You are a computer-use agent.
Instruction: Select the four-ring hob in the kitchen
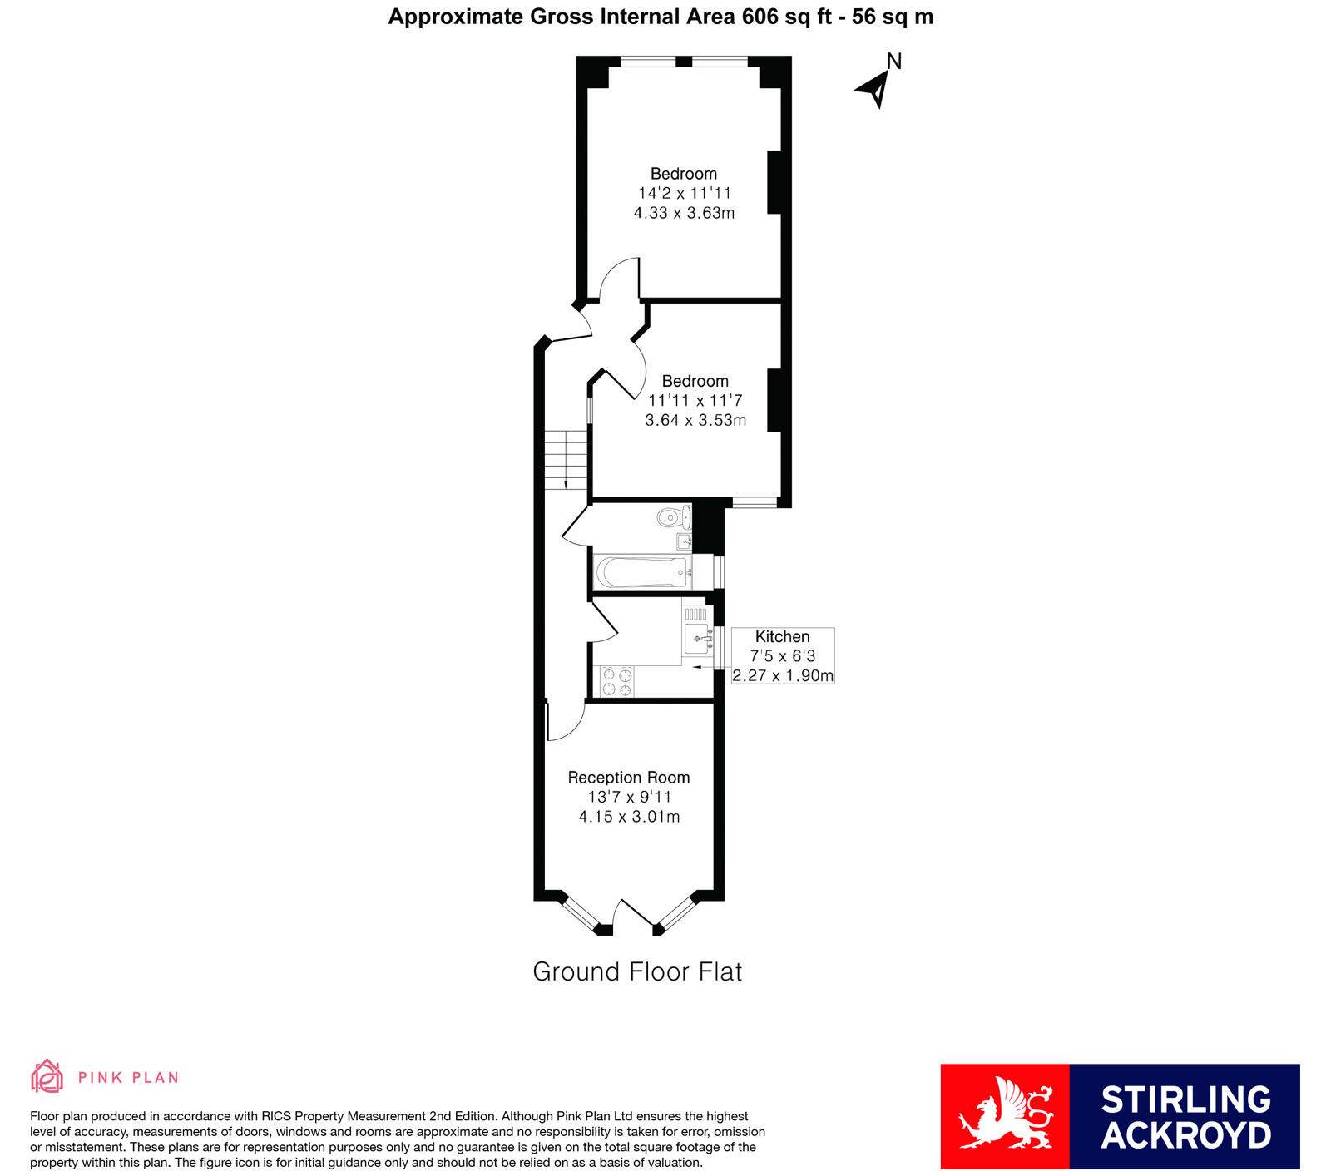[616, 682]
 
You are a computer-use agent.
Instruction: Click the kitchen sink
[697, 639]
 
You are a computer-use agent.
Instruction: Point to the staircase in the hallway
[566, 460]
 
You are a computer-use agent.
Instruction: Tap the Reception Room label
[629, 778]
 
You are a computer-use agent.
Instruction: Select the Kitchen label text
[782, 636]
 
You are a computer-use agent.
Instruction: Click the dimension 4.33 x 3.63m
[684, 213]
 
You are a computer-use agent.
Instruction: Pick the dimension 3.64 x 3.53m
[695, 421]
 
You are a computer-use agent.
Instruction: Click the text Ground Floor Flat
[637, 971]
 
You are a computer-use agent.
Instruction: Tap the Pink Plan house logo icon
[47, 1076]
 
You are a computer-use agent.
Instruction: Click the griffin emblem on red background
[1005, 1116]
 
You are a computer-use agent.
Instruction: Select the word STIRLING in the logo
[1186, 1099]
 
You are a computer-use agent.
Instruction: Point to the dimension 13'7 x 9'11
[629, 797]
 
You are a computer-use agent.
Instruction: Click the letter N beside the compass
[894, 61]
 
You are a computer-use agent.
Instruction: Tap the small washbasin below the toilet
[685, 542]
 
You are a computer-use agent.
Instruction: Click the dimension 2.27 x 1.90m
[783, 675]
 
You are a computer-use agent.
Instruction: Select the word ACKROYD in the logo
[1186, 1136]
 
